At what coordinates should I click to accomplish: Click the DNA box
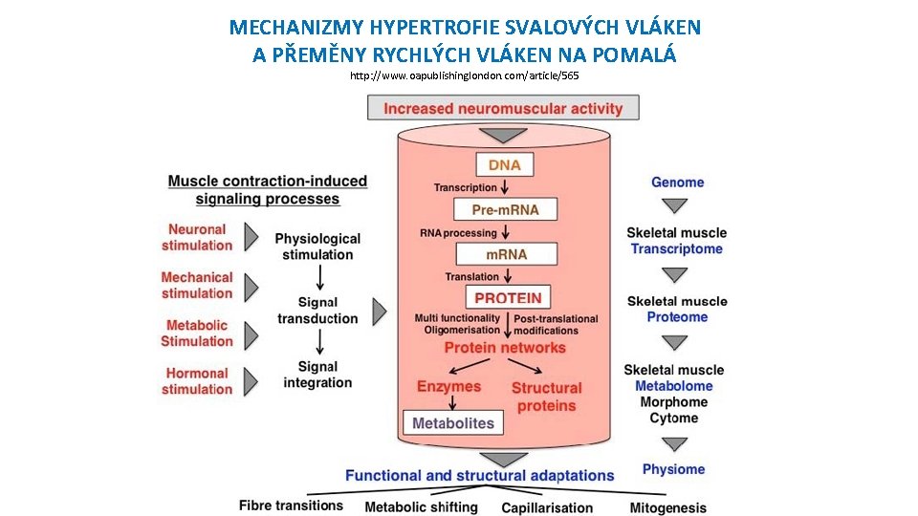[504, 164]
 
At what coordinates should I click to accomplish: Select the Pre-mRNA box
[505, 209]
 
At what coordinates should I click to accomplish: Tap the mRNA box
[506, 254]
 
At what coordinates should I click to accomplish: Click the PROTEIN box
[508, 297]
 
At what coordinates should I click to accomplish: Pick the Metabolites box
[454, 422]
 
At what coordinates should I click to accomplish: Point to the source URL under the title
[464, 75]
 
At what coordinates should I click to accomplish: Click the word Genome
[677, 182]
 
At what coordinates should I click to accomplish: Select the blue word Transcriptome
[677, 248]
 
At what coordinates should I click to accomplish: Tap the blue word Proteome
[677, 317]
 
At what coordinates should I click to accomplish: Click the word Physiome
[673, 469]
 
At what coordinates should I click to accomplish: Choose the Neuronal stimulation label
[197, 237]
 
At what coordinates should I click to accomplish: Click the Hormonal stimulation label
[197, 381]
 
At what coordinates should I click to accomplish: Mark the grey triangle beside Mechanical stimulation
[251, 286]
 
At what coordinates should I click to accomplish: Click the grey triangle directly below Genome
[675, 205]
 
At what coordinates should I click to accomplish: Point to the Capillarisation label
[547, 507]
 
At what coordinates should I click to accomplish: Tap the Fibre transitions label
[291, 505]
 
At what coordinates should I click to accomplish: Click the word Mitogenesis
[667, 507]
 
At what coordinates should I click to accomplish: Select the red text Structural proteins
[546, 397]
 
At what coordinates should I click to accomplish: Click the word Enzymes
[448, 386]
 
